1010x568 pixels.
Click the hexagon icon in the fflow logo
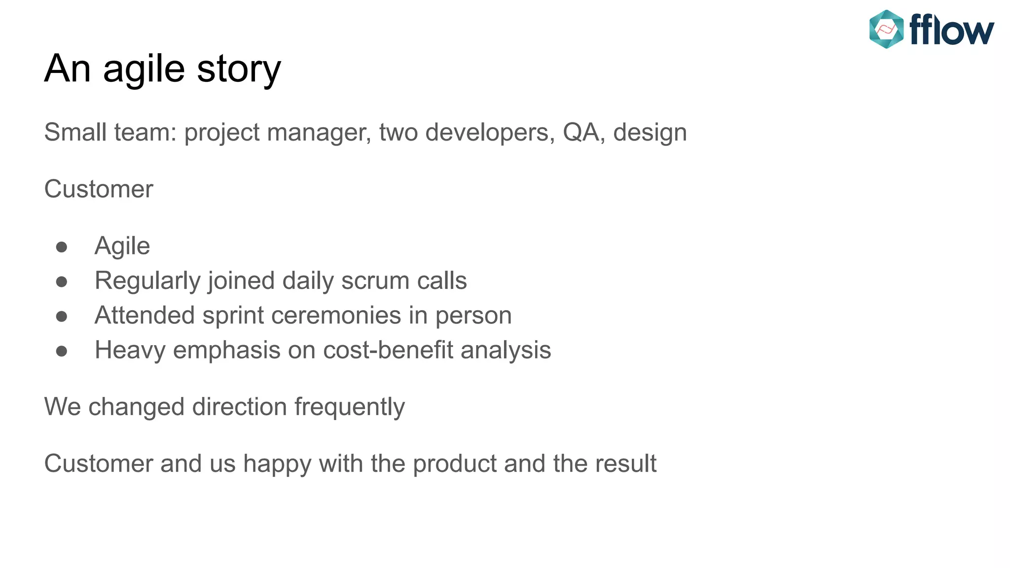pyautogui.click(x=886, y=29)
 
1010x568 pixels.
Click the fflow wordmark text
pyautogui.click(x=951, y=30)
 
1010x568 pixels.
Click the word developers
pyautogui.click(x=490, y=132)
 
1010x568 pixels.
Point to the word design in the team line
pyautogui.click(x=649, y=132)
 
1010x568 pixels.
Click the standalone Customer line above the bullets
pyautogui.click(x=99, y=189)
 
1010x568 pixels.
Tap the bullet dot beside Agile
pyautogui.click(x=62, y=247)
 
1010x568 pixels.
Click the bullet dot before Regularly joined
pyautogui.click(x=62, y=282)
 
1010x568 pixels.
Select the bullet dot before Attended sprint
pyautogui.click(x=62, y=316)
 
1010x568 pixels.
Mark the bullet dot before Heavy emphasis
pyautogui.click(x=62, y=351)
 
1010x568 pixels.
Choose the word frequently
pyautogui.click(x=349, y=407)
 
